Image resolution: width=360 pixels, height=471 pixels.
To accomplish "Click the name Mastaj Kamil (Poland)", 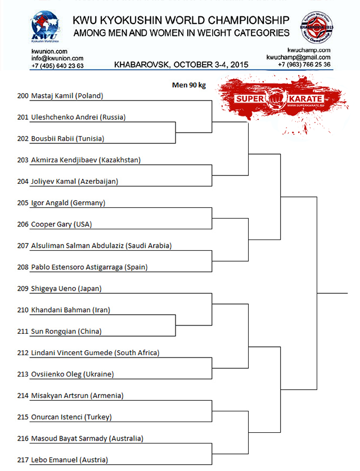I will (67, 96).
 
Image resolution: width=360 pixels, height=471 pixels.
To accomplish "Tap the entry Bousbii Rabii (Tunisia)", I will (67, 139).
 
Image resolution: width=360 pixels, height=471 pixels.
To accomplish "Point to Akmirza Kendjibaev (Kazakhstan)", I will (85, 160).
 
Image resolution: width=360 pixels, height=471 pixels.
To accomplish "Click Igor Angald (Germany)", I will (68, 203).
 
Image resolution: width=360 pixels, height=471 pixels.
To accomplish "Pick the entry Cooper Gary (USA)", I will (61, 224).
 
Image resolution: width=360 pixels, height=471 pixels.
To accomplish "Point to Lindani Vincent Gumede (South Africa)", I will (95, 352).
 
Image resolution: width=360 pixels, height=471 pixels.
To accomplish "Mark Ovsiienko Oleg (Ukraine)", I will (72, 374).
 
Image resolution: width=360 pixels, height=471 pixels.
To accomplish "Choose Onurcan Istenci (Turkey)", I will (71, 416).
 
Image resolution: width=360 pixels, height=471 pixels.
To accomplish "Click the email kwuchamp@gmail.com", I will (298, 58).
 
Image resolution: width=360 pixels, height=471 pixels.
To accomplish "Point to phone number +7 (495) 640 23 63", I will (57, 66).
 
